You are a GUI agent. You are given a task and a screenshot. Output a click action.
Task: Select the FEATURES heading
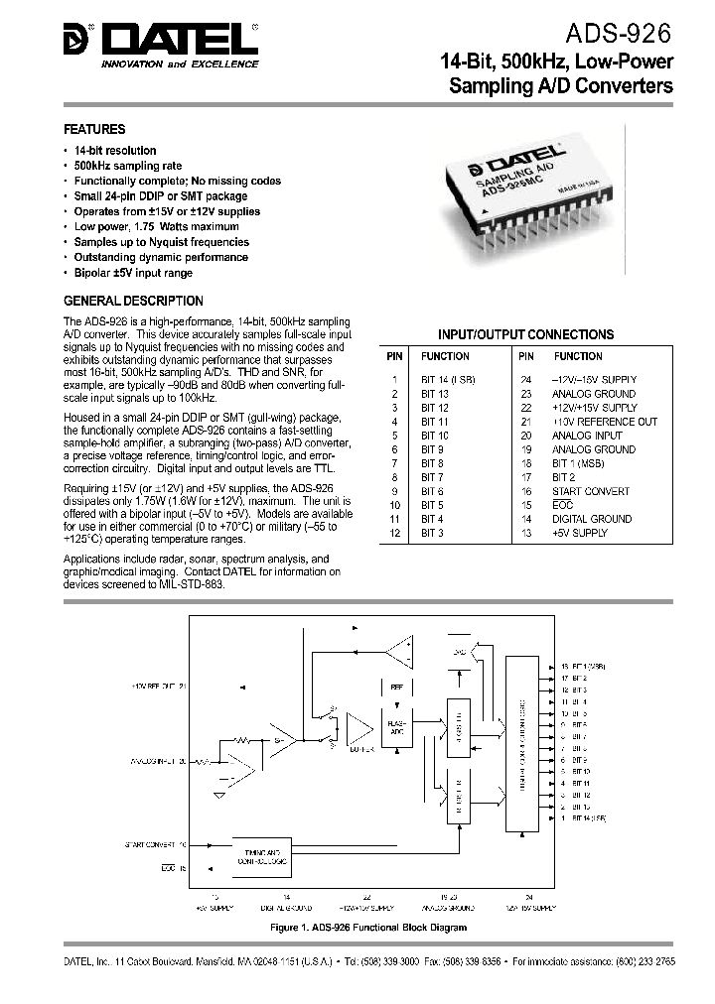(94, 129)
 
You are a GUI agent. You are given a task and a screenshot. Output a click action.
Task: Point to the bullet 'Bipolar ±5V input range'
(133, 273)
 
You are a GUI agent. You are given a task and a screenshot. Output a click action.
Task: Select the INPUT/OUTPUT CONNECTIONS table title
(525, 334)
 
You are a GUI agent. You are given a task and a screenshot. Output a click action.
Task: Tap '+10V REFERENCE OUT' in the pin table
(604, 422)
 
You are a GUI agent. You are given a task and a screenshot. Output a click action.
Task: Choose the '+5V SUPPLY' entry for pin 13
(579, 533)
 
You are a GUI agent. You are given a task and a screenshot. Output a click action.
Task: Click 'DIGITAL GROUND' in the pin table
(591, 519)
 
